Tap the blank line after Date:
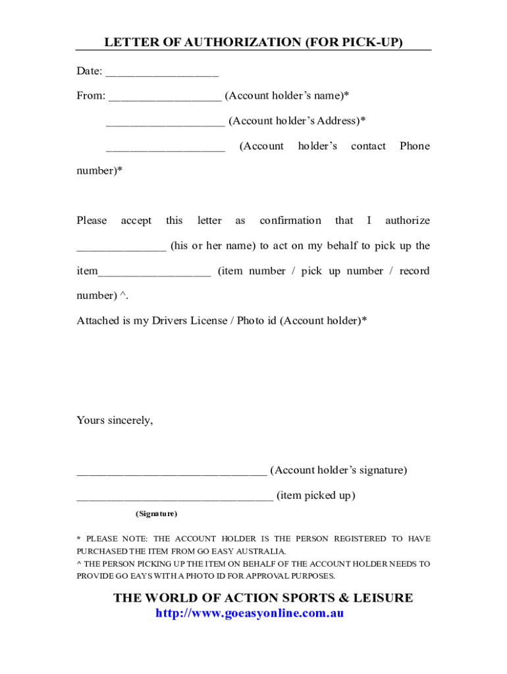click(x=161, y=73)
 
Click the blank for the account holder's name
click(x=165, y=98)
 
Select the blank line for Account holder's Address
click(x=165, y=123)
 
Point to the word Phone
click(x=414, y=146)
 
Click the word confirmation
click(x=290, y=220)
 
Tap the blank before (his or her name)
click(x=121, y=248)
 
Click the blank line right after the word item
click(x=155, y=273)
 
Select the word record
click(x=414, y=271)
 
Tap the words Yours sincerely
click(x=115, y=420)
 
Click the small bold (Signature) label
click(x=156, y=513)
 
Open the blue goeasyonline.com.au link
click(x=250, y=613)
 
